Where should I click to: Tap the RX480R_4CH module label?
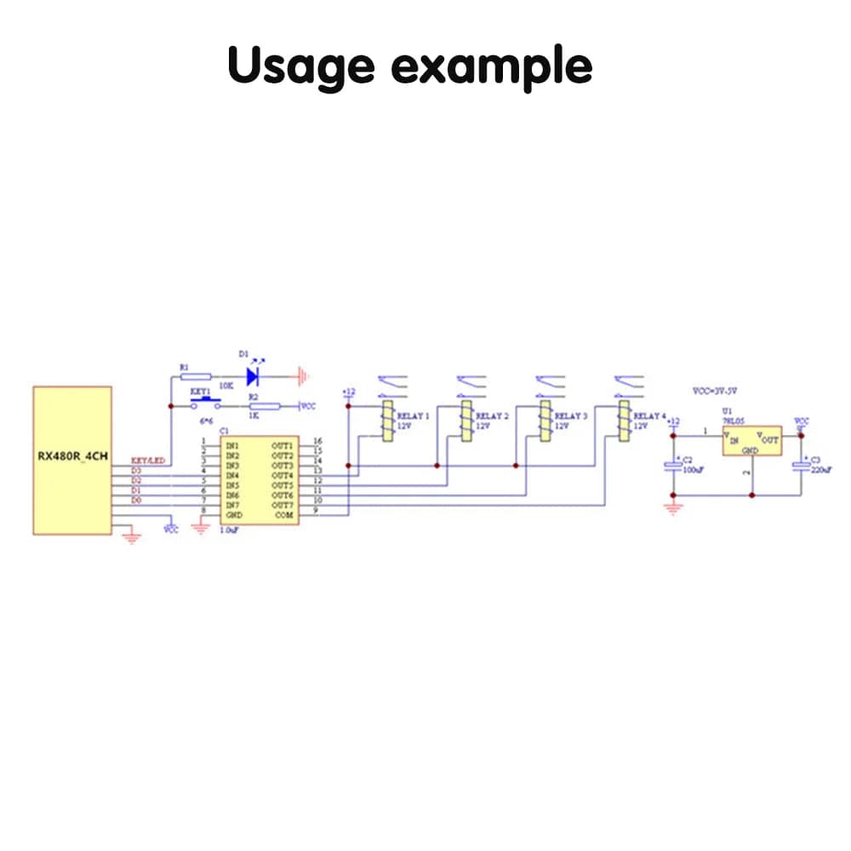pos(71,455)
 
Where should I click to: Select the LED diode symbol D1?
pos(253,375)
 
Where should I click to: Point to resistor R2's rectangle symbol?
pos(263,407)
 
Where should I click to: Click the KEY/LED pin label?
pos(147,460)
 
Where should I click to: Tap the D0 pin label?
pos(136,501)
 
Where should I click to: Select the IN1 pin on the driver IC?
pos(232,445)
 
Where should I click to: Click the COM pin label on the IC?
pos(283,516)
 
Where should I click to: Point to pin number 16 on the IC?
pos(317,441)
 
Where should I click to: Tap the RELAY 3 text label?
pos(570,416)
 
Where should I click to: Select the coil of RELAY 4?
pos(624,421)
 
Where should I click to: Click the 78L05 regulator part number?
pos(733,420)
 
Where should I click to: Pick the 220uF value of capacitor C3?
pos(823,470)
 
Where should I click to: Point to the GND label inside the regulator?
pos(750,451)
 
